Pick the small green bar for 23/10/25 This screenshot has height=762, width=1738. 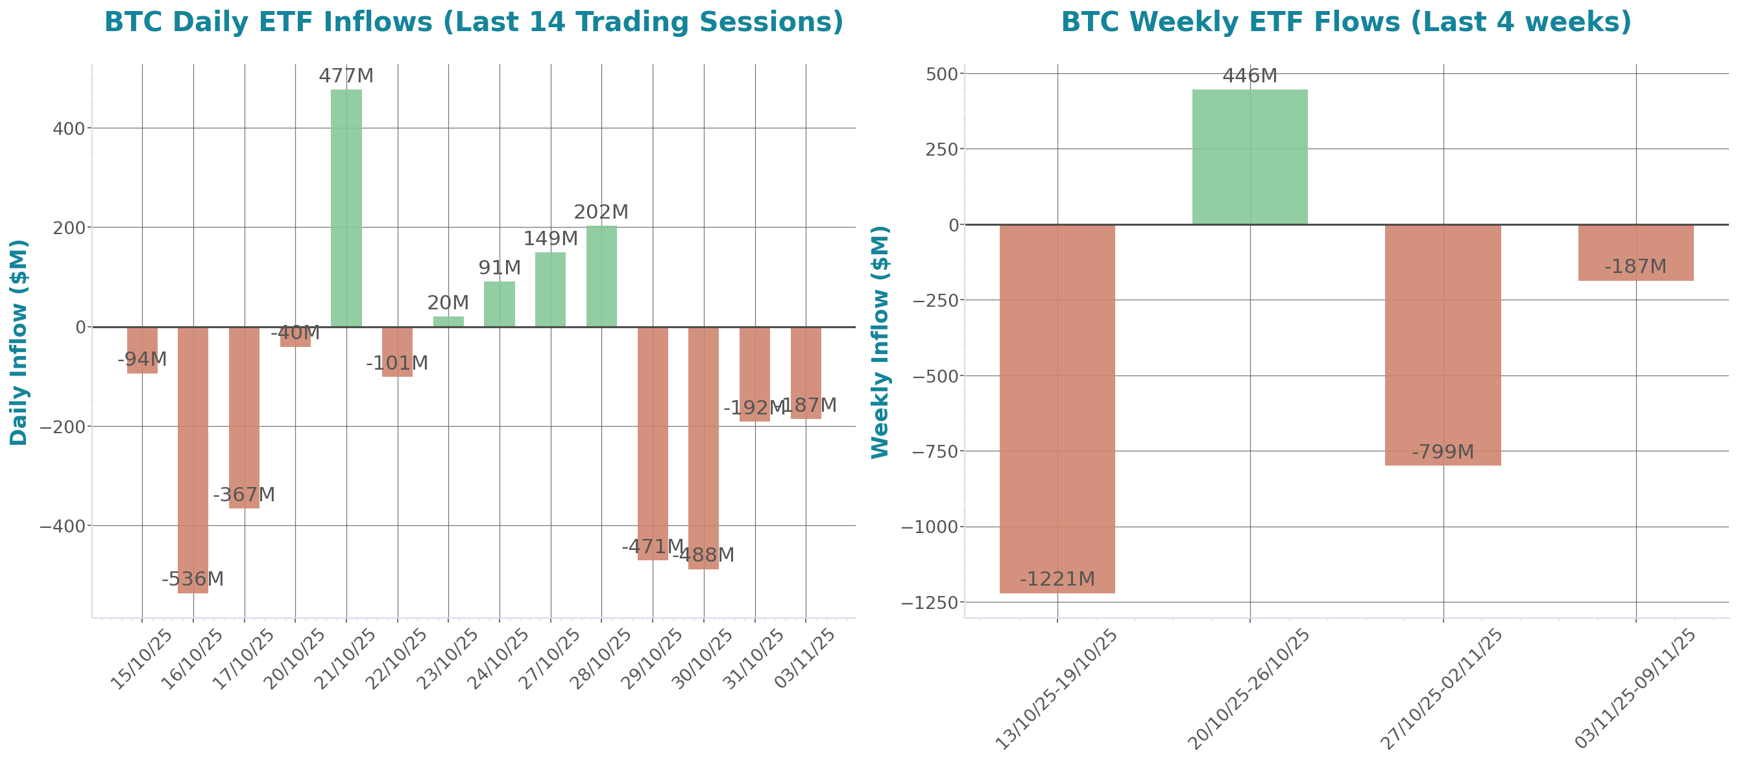pyautogui.click(x=448, y=322)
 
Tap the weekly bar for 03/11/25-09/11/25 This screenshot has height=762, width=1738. pyautogui.click(x=1635, y=252)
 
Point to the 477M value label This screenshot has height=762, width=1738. pyautogui.click(x=346, y=77)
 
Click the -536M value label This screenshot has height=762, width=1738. pyautogui.click(x=193, y=578)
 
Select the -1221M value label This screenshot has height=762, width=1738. pyautogui.click(x=1057, y=578)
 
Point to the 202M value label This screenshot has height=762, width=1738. pyautogui.click(x=601, y=212)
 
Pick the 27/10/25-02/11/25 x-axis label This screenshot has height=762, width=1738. pyautogui.click(x=1442, y=689)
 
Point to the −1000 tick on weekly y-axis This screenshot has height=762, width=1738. pyautogui.click(x=930, y=527)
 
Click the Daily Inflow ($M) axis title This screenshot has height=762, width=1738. pyautogui.click(x=19, y=342)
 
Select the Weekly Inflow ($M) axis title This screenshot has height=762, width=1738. pyautogui.click(x=880, y=342)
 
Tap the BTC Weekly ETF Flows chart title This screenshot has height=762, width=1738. pyautogui.click(x=1346, y=21)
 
